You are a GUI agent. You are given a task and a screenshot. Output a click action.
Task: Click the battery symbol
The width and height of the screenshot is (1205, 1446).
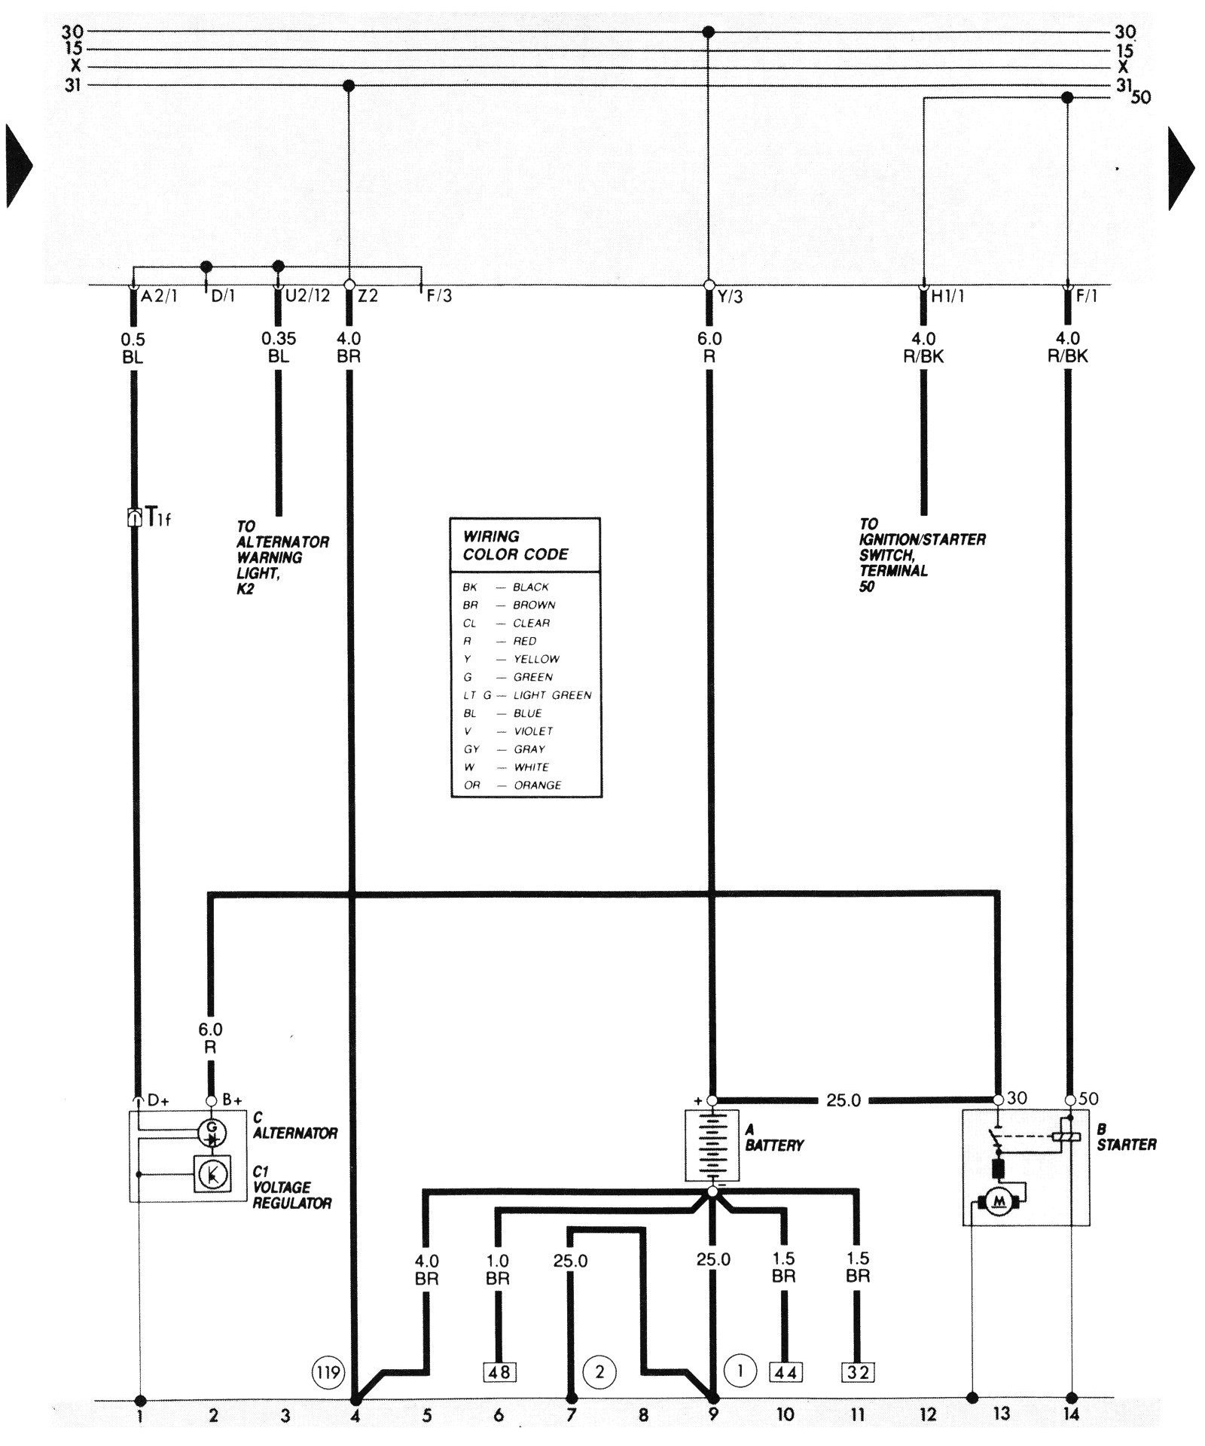[712, 1146]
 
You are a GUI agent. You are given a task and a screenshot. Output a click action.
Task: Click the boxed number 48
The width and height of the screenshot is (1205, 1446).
[499, 1372]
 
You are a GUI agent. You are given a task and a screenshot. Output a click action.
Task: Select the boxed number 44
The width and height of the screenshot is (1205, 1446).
[784, 1372]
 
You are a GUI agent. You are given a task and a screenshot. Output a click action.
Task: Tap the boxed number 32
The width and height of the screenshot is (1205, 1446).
[858, 1372]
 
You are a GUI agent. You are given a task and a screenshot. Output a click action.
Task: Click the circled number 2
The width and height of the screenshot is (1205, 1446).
[599, 1371]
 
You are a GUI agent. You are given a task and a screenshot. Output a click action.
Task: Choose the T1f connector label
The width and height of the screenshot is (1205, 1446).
[158, 517]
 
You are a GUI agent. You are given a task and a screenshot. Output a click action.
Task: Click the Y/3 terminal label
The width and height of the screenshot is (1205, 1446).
[730, 296]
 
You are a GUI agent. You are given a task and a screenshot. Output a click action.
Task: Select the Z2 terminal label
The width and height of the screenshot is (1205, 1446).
[368, 296]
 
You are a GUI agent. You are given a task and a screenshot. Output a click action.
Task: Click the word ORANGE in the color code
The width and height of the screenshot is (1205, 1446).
[538, 785]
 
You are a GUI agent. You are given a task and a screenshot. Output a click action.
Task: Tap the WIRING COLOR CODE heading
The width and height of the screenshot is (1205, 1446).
[516, 545]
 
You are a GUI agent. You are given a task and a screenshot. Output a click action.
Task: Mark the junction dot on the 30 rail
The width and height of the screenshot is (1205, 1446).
[708, 32]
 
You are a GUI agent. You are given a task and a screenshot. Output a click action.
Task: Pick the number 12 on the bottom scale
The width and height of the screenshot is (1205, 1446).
[928, 1415]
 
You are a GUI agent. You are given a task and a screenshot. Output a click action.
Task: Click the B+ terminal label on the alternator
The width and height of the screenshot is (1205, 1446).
[232, 1100]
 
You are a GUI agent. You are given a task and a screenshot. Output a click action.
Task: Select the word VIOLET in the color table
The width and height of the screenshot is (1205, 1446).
[533, 731]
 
